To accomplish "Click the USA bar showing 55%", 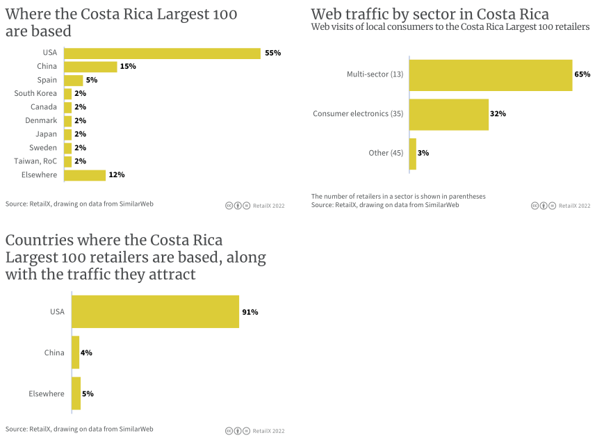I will click(162, 53).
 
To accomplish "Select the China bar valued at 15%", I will click(90, 67).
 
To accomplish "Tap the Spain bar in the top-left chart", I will click(74, 80).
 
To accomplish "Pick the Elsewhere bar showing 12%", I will click(85, 175).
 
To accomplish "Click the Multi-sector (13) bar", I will click(491, 74).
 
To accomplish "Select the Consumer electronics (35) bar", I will click(449, 114).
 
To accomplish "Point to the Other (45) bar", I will click(413, 154).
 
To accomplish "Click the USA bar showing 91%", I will click(156, 312).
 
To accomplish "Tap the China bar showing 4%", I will click(76, 352).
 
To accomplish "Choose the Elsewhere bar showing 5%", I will click(76, 393).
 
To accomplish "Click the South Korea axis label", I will click(35, 93).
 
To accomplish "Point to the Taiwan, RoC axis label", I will click(35, 161).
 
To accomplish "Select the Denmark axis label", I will click(41, 121).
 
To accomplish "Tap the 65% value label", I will click(582, 74).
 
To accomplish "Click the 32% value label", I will click(498, 114).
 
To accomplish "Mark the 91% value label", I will click(250, 312).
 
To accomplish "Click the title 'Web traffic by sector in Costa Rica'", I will click(430, 15).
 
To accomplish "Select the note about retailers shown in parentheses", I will click(398, 196).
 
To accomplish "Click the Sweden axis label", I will click(43, 148).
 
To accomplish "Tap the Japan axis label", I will click(46, 134).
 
